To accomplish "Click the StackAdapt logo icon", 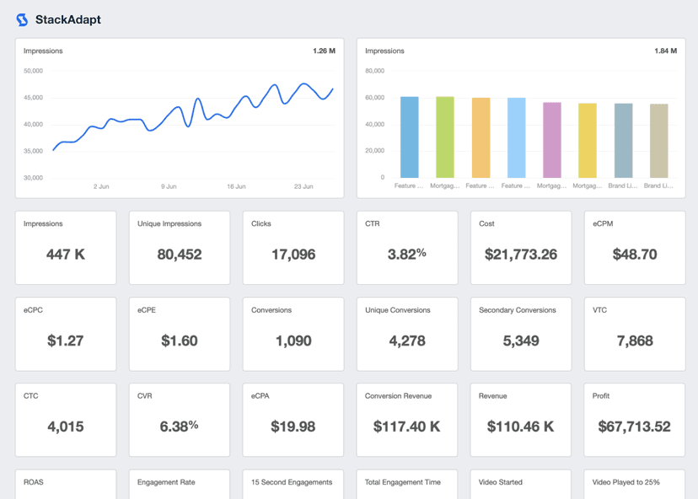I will [x=22, y=19].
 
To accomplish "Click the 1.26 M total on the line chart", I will [x=324, y=51].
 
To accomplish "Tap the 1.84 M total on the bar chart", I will [x=665, y=51].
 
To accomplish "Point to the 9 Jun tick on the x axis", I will [x=169, y=186].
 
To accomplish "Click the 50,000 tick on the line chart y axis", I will [x=33, y=71].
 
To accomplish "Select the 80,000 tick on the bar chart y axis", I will [x=374, y=71].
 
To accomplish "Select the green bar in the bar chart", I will [x=445, y=137].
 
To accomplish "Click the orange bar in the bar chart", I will [x=481, y=137].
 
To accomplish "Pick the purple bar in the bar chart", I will [x=552, y=140].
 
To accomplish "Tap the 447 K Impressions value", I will [x=66, y=255].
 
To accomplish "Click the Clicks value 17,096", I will [x=293, y=255].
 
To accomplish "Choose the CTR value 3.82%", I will [x=407, y=254].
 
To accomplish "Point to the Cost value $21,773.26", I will [x=521, y=255].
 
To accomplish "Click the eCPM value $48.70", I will [x=634, y=255].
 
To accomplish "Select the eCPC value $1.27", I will [x=66, y=341].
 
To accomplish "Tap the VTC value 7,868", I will [x=634, y=341].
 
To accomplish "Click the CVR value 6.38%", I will [x=180, y=427].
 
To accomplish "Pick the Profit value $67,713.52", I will [x=634, y=427].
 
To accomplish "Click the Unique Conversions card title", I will [x=398, y=310].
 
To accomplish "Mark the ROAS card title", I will [x=34, y=482].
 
